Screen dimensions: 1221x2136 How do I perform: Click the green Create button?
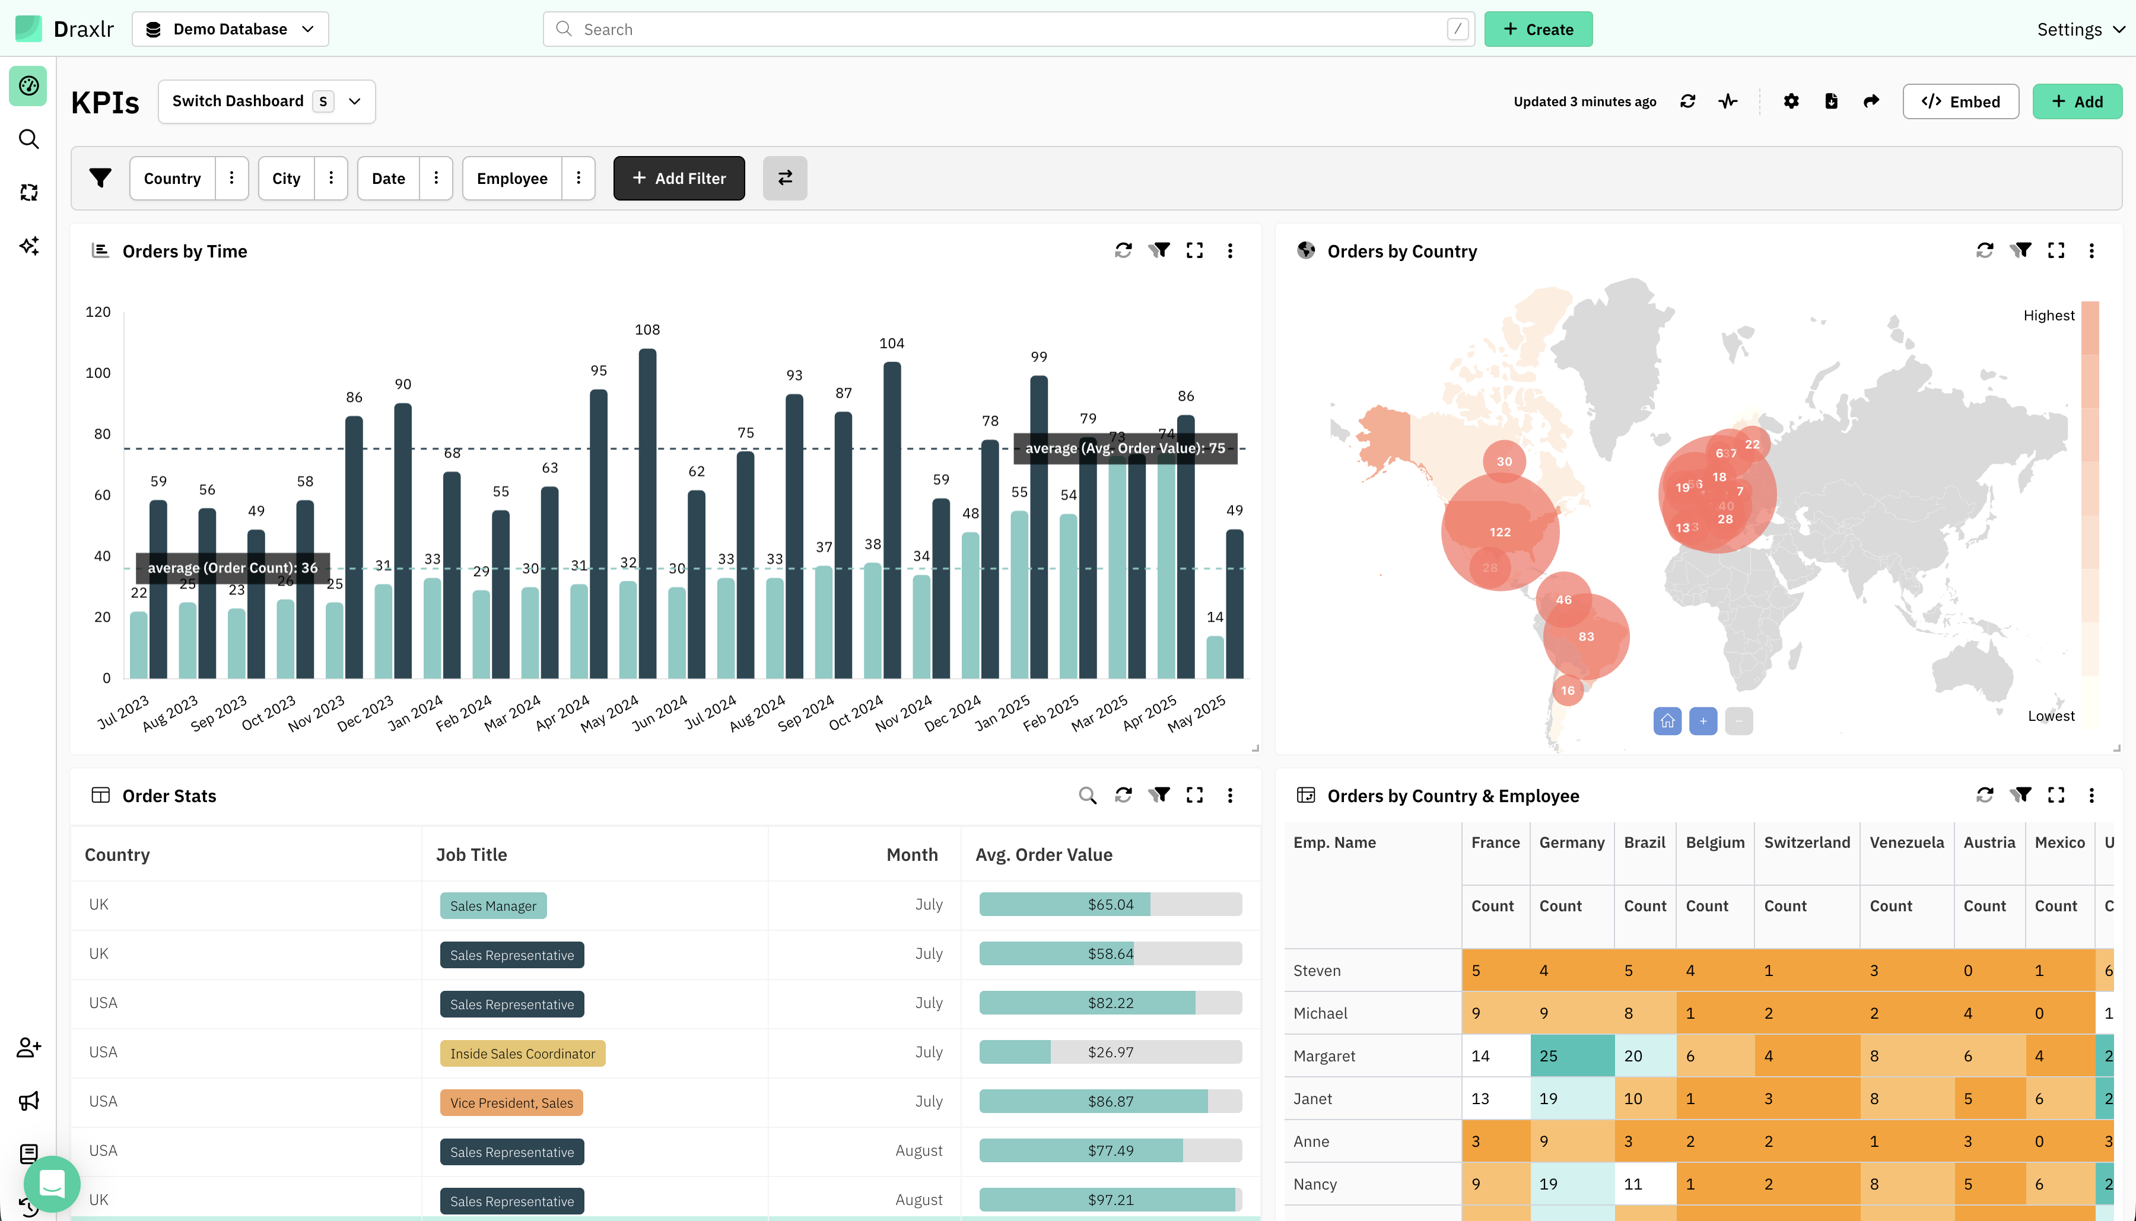(x=1537, y=29)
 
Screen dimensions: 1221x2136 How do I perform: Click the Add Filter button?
(x=678, y=178)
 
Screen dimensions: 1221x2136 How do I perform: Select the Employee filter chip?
(x=511, y=178)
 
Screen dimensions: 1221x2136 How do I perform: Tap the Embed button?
(x=1960, y=101)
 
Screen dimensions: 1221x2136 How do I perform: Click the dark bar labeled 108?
(x=647, y=511)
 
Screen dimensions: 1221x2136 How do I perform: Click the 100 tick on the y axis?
(x=98, y=373)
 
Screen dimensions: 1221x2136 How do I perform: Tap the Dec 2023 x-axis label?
(x=365, y=714)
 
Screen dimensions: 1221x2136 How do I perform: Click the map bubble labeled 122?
(x=1499, y=532)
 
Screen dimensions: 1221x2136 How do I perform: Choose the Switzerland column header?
(x=1807, y=842)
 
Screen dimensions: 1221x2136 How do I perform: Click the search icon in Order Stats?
(x=1087, y=795)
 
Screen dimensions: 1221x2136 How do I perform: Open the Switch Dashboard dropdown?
(x=266, y=101)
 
